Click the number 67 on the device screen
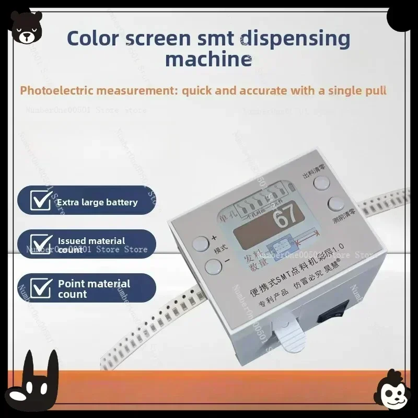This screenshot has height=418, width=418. [x=285, y=218]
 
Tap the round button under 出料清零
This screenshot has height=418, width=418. [x=321, y=182]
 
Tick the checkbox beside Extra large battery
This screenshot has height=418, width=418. [x=40, y=201]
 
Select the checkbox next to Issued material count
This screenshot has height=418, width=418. [x=40, y=244]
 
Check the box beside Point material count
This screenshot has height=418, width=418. [x=40, y=288]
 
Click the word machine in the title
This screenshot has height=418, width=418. [x=208, y=59]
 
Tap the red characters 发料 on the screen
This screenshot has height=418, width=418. [x=250, y=260]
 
